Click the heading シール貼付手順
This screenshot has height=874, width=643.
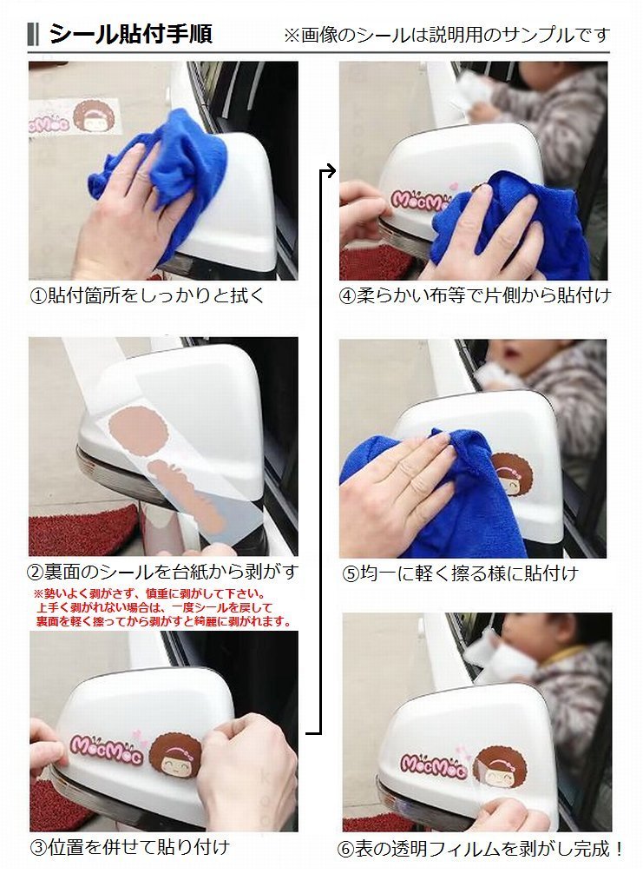click(131, 34)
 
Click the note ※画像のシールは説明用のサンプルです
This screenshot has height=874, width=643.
click(447, 36)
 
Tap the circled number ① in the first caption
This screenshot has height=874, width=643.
click(38, 295)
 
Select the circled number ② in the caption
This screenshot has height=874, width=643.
click(36, 573)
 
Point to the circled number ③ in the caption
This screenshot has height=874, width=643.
click(38, 848)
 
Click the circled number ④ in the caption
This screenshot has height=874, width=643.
click(347, 295)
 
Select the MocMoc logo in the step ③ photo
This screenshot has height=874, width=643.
click(106, 750)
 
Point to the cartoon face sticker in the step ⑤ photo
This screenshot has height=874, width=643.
click(511, 477)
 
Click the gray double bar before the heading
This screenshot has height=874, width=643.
click(33, 35)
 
